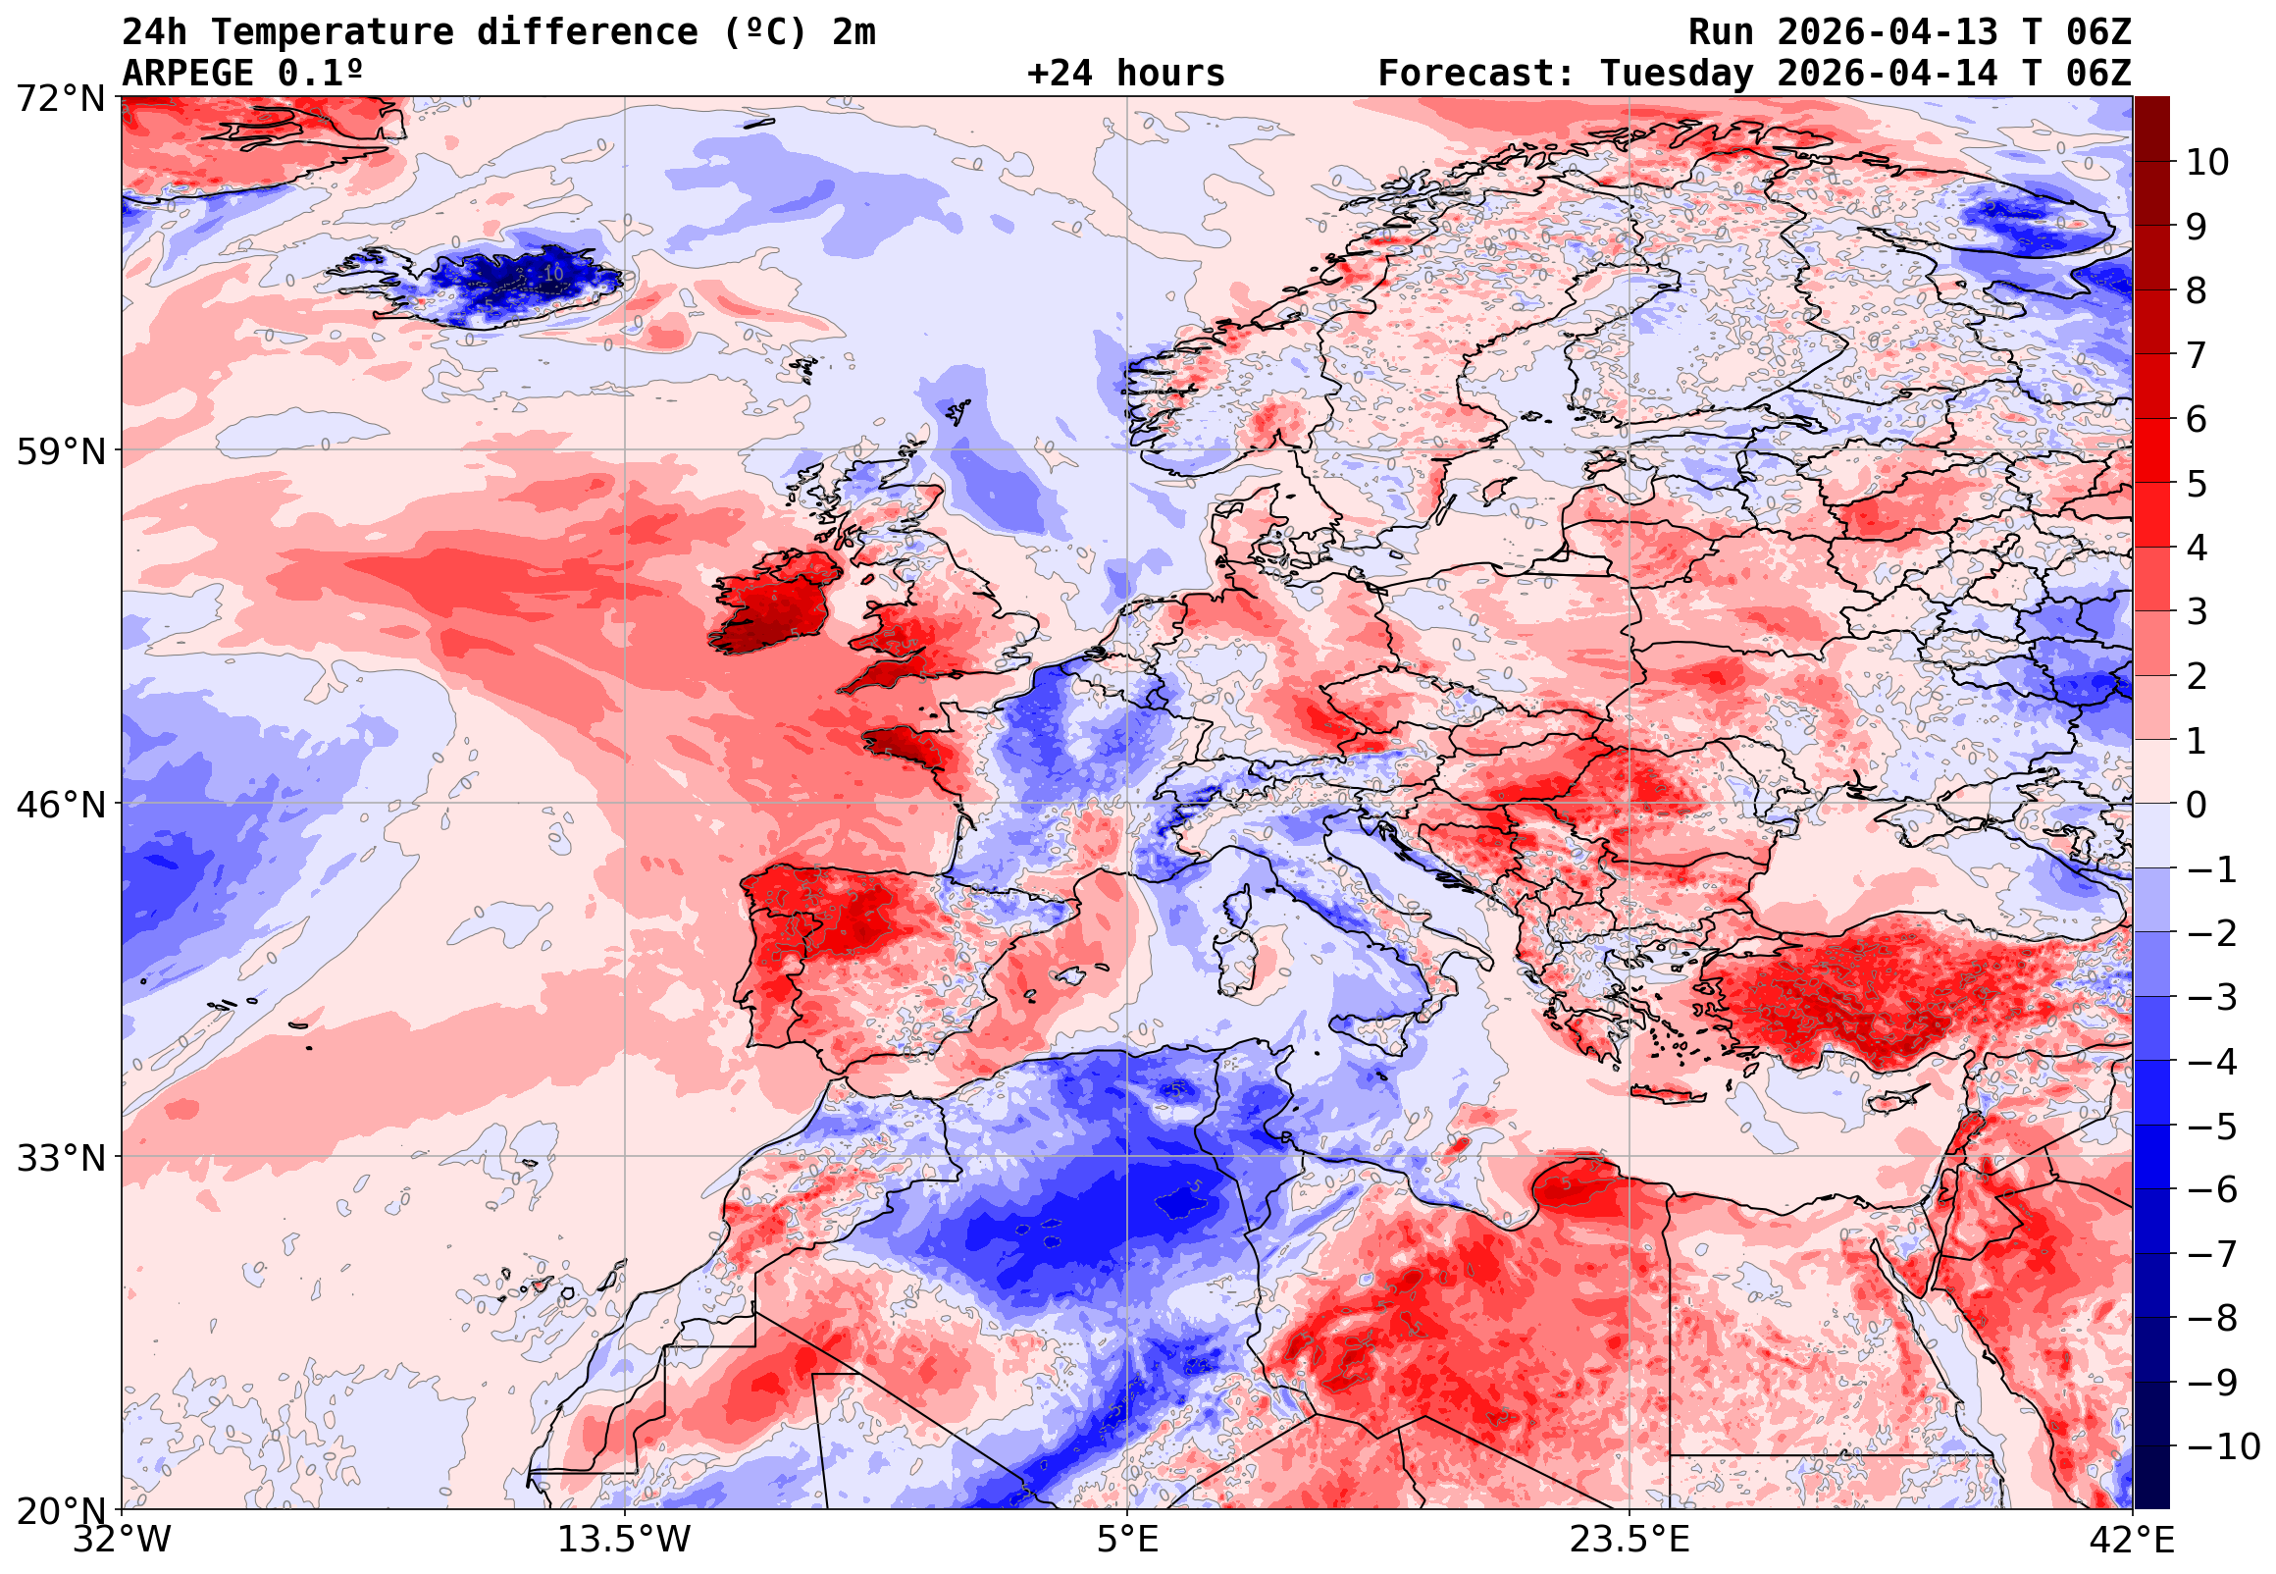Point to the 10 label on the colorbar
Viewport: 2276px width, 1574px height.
[2207, 162]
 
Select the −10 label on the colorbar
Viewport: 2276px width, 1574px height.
[2222, 1446]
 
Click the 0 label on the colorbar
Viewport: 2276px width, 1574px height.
[2197, 805]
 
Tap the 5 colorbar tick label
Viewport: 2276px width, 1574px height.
[2197, 484]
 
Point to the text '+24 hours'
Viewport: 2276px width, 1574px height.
[1125, 73]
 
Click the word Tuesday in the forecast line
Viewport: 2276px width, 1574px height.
[1676, 73]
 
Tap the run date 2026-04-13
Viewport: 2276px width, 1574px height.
[1888, 31]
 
